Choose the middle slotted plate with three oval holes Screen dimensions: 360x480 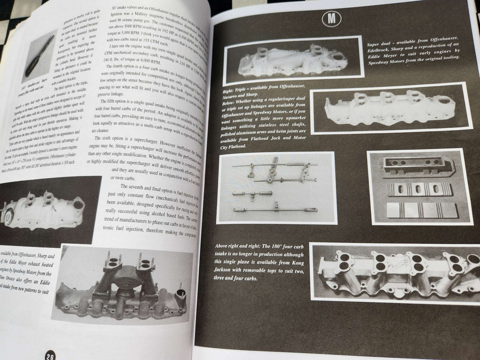pyautogui.click(x=419, y=189)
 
